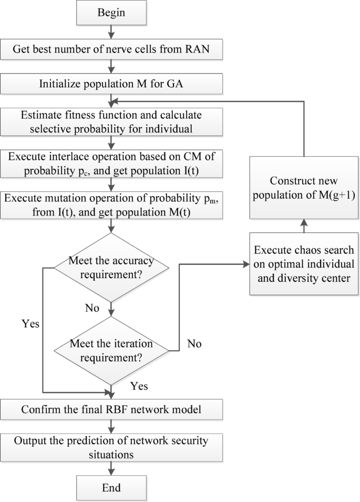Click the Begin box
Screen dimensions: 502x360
(x=111, y=13)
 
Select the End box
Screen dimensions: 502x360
(x=111, y=486)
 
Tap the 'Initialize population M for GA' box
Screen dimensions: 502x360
(x=111, y=84)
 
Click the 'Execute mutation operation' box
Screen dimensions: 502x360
(x=111, y=206)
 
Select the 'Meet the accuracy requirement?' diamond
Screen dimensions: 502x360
(x=111, y=268)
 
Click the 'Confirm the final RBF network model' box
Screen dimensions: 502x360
(x=111, y=410)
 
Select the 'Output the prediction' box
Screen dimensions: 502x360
(x=111, y=446)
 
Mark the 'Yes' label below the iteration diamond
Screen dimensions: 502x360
(x=139, y=386)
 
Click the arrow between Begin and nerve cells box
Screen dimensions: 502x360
(x=111, y=32)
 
